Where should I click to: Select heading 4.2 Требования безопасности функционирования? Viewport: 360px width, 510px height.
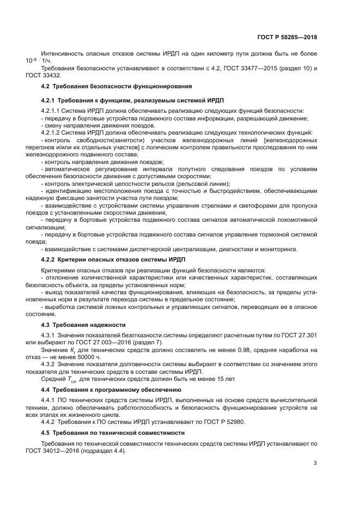coord(116,87)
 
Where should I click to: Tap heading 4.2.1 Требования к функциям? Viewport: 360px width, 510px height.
coord(132,101)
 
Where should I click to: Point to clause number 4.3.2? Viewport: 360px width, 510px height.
coord(49,362)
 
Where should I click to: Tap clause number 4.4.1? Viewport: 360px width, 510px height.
coord(49,399)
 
